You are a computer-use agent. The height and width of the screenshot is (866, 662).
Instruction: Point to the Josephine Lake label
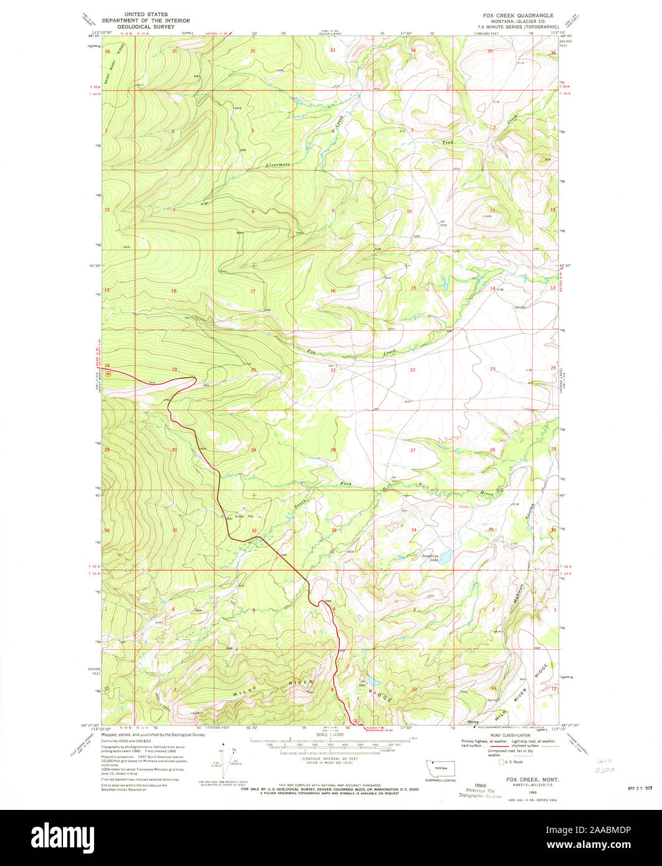(x=430, y=557)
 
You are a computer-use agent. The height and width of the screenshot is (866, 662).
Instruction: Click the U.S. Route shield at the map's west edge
(x=108, y=374)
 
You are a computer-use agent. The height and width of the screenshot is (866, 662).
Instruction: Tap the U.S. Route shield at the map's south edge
(x=355, y=721)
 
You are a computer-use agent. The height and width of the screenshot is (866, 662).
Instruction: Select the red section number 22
(x=413, y=370)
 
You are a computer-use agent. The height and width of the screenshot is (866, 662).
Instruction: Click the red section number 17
(x=252, y=291)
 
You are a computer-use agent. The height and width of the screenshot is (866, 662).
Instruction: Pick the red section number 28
(x=333, y=449)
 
